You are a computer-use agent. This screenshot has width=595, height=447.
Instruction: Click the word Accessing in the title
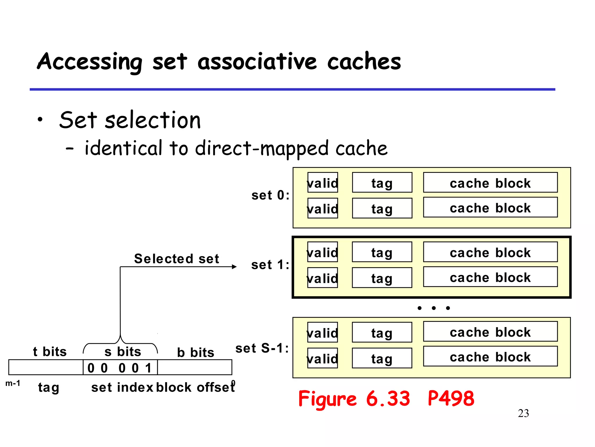(x=89, y=62)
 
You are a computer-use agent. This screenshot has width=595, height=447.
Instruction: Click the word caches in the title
(x=364, y=62)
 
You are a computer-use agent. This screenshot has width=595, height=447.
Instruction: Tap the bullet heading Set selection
(x=130, y=120)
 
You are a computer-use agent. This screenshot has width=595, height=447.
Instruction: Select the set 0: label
(x=270, y=195)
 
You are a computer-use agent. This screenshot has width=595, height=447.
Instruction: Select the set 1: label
(x=270, y=265)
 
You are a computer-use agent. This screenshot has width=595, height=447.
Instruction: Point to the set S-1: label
(x=262, y=348)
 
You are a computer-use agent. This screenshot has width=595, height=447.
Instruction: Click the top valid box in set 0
(x=322, y=183)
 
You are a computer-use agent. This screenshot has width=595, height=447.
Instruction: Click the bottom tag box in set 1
(x=382, y=278)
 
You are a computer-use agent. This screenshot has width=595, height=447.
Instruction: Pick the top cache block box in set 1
(x=490, y=252)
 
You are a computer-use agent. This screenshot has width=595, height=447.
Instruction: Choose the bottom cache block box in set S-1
(x=490, y=356)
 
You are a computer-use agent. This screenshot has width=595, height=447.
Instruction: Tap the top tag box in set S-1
(x=382, y=332)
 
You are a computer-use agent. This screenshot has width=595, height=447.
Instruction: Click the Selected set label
(x=176, y=258)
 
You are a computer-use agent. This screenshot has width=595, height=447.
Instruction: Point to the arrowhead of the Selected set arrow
(x=234, y=267)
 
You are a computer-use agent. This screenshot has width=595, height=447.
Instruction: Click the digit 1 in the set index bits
(x=148, y=368)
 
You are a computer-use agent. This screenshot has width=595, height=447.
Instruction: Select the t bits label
(x=50, y=352)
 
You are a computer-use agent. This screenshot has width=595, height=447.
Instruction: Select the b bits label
(x=196, y=352)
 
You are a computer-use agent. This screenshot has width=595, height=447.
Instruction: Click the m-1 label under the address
(x=13, y=383)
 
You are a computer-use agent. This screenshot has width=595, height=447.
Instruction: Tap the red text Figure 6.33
(x=354, y=399)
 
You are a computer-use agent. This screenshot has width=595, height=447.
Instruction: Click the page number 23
(x=523, y=414)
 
